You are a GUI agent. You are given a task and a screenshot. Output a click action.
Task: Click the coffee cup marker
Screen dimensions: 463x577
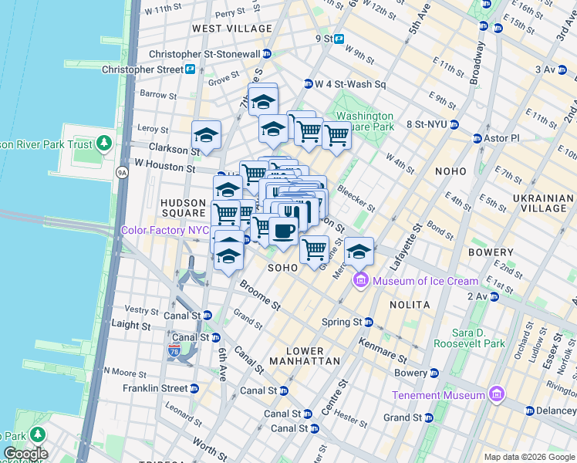pyautogui.click(x=283, y=230)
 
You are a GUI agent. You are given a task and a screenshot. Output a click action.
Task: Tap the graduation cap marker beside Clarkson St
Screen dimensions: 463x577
pyautogui.click(x=206, y=135)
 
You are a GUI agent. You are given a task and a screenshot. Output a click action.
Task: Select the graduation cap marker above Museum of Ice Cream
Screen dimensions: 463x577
pyautogui.click(x=359, y=252)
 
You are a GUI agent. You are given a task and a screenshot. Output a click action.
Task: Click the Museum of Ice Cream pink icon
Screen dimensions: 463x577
pyautogui.click(x=360, y=281)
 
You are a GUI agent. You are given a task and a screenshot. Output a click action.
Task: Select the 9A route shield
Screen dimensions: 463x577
pyautogui.click(x=122, y=173)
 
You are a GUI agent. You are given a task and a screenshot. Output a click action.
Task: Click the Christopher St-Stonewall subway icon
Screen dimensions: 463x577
pyautogui.click(x=267, y=54)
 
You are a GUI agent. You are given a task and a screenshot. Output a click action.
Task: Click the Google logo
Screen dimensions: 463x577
pyautogui.click(x=25, y=454)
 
